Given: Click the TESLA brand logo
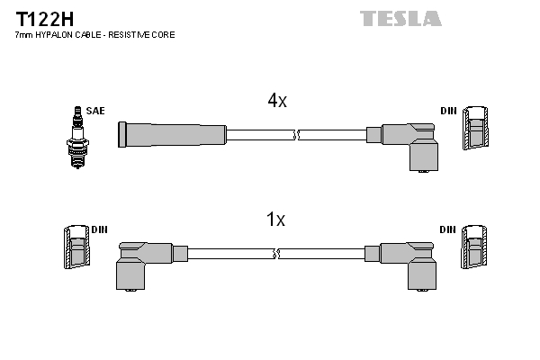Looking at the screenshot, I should pos(400,18).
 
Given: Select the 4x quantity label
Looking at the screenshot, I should pos(277,102).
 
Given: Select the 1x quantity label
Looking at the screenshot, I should pos(276,220).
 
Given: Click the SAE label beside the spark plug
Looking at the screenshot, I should pos(95,111).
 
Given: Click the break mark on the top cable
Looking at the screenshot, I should pos(296,135).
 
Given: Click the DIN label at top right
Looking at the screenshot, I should pos(448,111).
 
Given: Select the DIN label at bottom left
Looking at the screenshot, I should pos(99,229).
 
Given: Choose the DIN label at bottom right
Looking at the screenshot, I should pos(448,229).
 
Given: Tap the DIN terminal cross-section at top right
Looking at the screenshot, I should pos(477,129).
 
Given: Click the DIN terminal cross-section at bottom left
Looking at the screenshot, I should pos(76,247).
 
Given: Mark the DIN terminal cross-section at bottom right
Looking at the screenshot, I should pos(477,247).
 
